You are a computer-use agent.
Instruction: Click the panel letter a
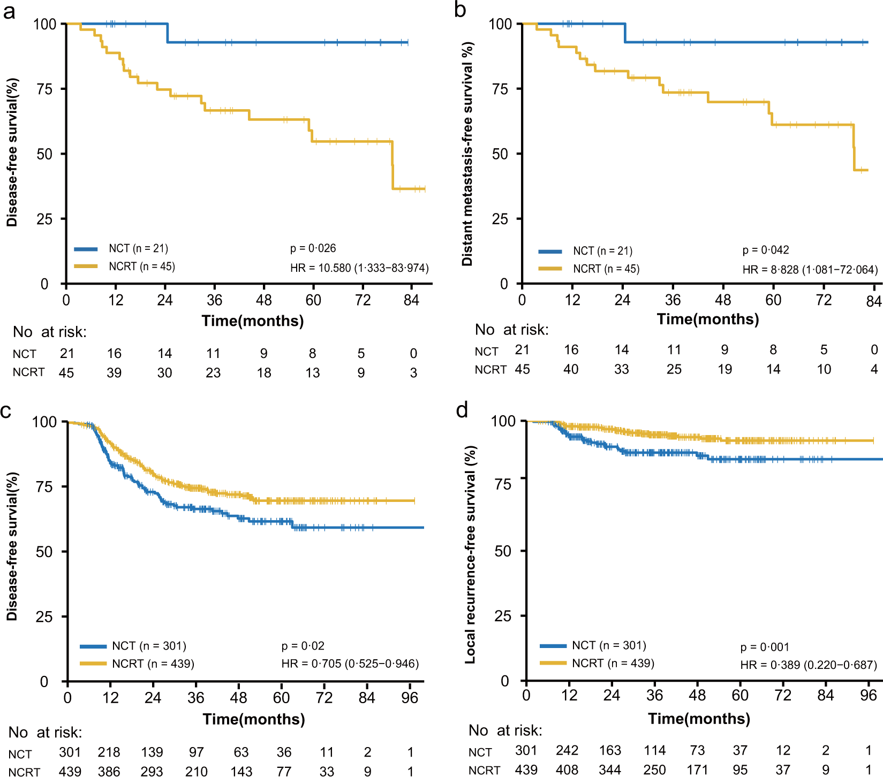(x=9, y=11)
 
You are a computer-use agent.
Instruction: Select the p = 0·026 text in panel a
(x=313, y=248)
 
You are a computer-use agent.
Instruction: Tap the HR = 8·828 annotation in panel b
(x=810, y=270)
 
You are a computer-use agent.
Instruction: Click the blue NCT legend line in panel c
(x=93, y=646)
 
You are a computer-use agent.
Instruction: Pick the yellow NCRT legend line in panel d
(x=553, y=663)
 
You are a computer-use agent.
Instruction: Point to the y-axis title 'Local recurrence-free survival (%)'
(x=470, y=554)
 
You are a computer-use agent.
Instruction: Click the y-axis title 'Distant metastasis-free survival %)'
(x=467, y=154)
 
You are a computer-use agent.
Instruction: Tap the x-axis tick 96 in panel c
(x=410, y=698)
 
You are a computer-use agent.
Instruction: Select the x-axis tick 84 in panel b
(x=873, y=301)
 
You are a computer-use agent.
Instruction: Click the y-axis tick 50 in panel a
(x=45, y=154)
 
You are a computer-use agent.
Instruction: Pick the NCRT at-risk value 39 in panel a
(x=114, y=373)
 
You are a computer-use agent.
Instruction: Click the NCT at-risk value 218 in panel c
(x=109, y=752)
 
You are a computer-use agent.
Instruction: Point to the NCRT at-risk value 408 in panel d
(x=567, y=770)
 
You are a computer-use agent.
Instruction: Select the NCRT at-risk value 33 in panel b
(x=621, y=369)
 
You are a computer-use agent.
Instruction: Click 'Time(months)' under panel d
(x=699, y=719)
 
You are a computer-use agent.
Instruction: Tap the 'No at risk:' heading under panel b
(x=511, y=330)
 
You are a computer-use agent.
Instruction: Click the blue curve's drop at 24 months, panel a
(x=168, y=33)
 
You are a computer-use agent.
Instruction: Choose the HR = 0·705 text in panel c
(x=350, y=664)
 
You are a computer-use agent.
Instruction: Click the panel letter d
(x=462, y=410)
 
